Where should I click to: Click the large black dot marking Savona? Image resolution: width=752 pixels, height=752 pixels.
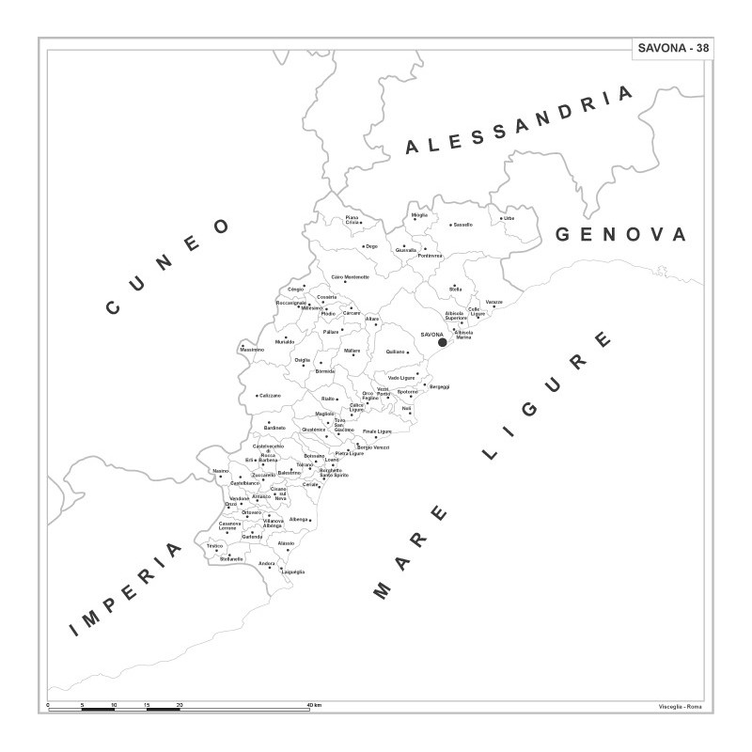click(443, 342)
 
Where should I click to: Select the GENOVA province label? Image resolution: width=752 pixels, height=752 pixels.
click(621, 234)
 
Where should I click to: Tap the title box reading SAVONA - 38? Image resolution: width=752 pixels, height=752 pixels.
click(673, 49)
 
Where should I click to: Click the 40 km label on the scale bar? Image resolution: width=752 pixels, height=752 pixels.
click(314, 705)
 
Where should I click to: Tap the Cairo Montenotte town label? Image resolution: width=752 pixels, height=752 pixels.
click(351, 277)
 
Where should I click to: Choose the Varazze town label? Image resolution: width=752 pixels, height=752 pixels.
click(494, 303)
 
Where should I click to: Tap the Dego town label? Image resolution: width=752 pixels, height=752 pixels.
click(371, 246)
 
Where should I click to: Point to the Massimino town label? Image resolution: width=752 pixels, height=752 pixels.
click(252, 350)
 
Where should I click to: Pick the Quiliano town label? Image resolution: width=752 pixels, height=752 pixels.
click(396, 352)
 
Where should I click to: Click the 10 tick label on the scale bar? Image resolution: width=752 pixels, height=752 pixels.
click(115, 705)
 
